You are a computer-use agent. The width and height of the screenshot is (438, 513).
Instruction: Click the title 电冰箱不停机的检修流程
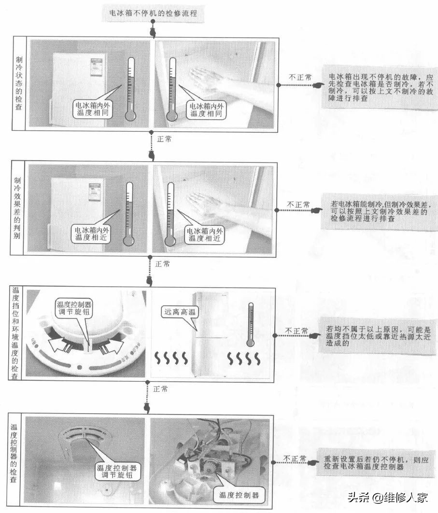point(153,14)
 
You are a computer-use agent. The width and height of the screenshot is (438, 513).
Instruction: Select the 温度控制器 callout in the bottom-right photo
point(239,495)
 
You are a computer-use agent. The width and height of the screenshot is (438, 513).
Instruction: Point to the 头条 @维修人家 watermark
point(388,498)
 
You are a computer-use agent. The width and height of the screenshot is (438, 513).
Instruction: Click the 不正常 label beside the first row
point(300,78)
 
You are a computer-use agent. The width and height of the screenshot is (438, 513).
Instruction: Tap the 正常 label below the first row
point(164,139)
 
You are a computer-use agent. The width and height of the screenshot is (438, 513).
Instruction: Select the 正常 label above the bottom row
point(160,389)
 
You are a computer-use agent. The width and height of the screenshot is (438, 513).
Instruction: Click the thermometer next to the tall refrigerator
point(251,324)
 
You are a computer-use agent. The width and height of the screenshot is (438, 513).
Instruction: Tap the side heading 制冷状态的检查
point(19,83)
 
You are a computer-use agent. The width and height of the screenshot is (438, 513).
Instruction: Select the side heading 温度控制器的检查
point(14,453)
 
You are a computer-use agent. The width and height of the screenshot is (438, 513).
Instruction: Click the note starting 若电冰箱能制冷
point(379,211)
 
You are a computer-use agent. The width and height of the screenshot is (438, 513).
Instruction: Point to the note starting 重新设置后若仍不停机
point(376,463)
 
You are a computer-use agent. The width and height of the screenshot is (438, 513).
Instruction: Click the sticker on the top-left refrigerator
point(97,67)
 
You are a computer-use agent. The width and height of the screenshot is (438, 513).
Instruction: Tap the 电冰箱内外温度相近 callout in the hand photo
point(205,235)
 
